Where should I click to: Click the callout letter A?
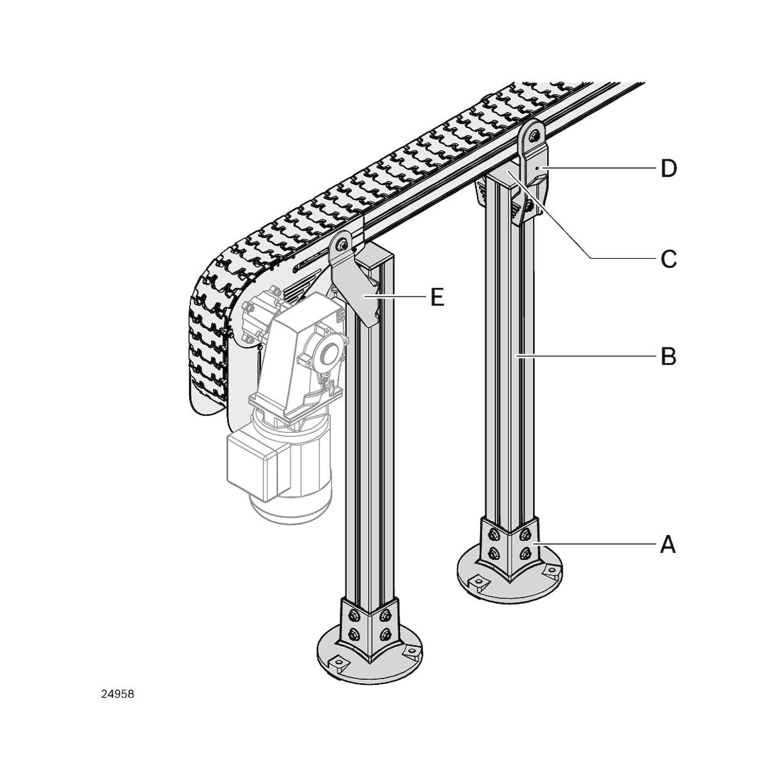pos(668,545)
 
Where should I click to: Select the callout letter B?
pos(668,356)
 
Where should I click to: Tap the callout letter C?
pos(668,259)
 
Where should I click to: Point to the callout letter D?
pos(668,169)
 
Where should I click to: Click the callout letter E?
pos(437,297)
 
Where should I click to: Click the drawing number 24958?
pos(117,694)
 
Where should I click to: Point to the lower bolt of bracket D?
pos(529,206)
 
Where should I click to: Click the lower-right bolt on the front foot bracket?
pos(385,633)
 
